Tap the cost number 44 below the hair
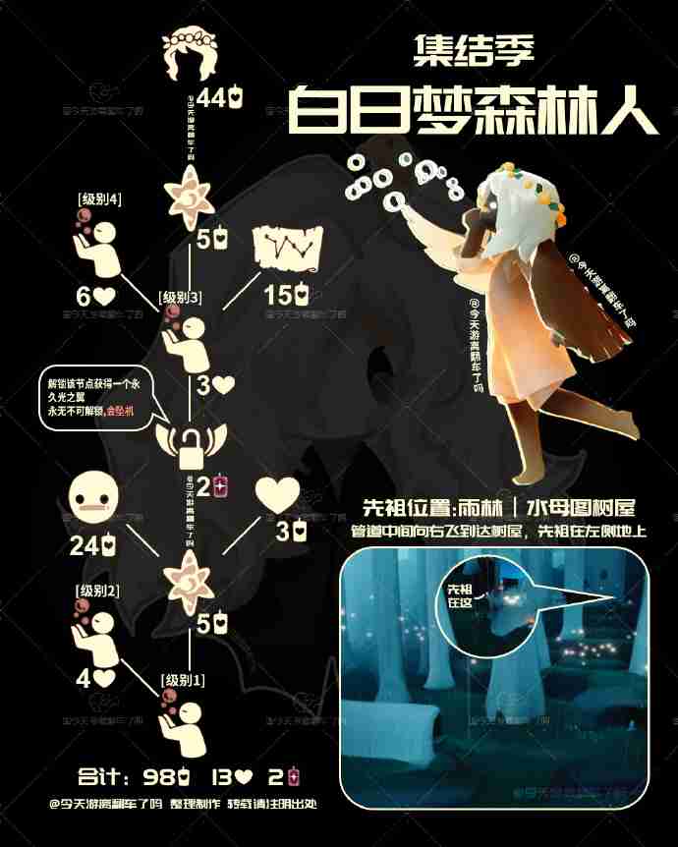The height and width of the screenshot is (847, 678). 210,98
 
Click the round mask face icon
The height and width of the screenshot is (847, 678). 95,499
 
